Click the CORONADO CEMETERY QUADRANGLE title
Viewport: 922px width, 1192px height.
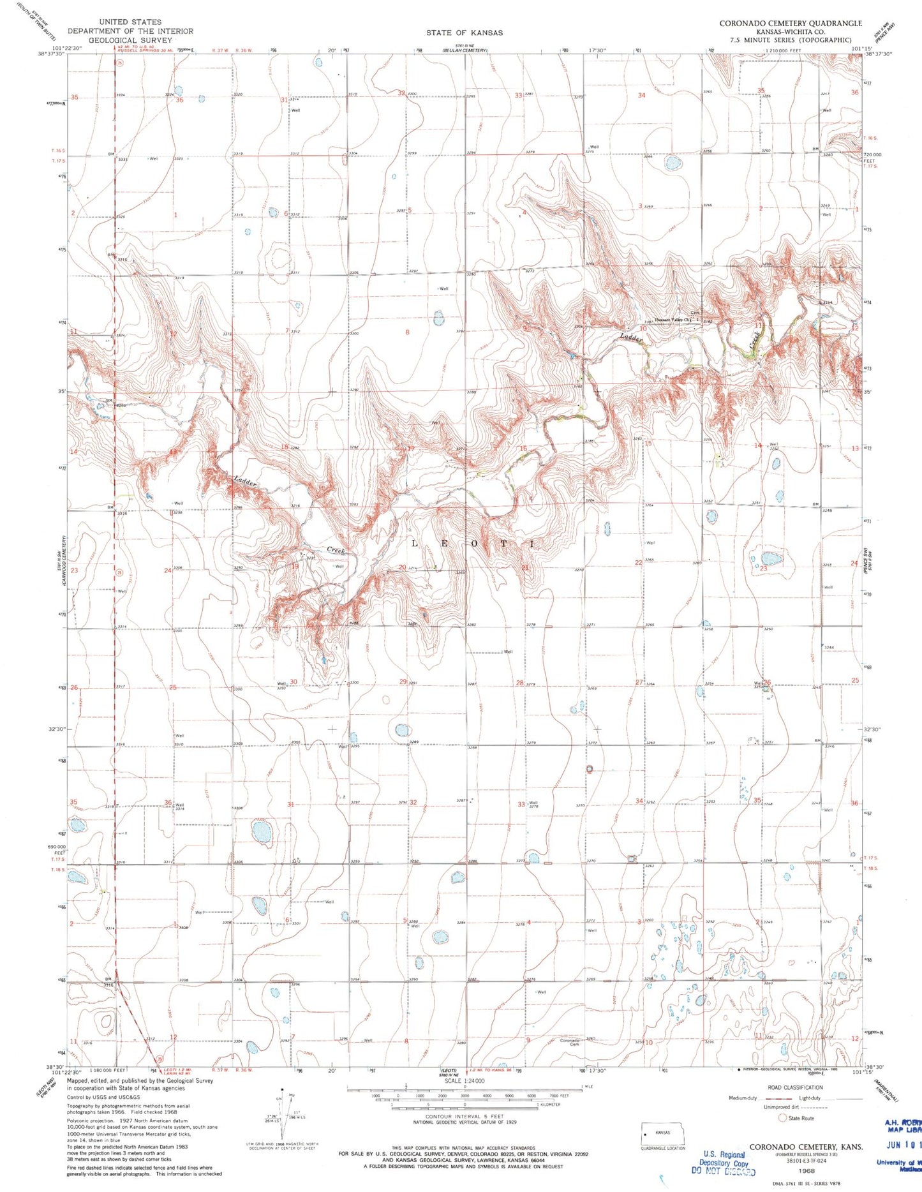[790, 23]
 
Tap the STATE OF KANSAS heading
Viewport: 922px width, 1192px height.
[465, 33]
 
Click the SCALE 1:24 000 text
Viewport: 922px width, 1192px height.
[465, 1081]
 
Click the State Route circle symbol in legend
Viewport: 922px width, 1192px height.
[782, 1118]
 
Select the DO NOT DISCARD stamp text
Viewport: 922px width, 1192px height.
[723, 1172]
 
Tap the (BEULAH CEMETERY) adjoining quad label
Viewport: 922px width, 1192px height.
[465, 50]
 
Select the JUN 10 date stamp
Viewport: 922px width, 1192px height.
[902, 1143]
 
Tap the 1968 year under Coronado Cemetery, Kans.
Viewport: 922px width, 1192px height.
[806, 1171]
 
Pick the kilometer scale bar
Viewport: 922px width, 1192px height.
[465, 1104]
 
